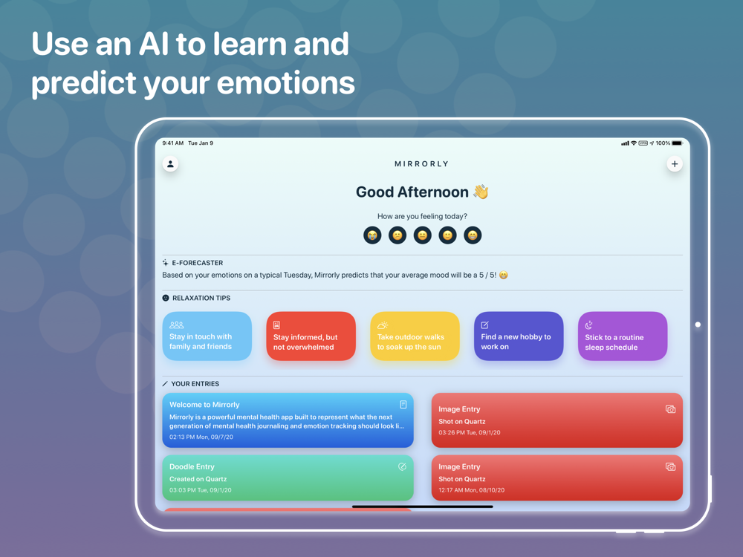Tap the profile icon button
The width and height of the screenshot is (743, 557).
[x=171, y=164]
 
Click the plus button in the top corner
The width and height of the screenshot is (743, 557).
[x=675, y=164]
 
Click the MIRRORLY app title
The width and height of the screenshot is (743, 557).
[x=422, y=164]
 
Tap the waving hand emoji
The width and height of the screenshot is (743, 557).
[x=481, y=192]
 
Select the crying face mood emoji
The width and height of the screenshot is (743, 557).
[x=372, y=235]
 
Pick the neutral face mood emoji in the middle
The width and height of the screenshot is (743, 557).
[x=423, y=235]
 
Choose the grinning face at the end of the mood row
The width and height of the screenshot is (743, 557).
[x=473, y=235]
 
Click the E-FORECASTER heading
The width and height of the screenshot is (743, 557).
[x=197, y=263]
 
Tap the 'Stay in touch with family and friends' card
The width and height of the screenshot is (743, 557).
[x=207, y=336]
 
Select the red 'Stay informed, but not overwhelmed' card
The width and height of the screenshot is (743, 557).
[x=311, y=336]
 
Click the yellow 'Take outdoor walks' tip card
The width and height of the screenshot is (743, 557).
[x=415, y=336]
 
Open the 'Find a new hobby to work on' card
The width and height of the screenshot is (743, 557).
[x=519, y=336]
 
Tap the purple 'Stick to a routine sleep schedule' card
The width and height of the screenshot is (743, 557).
[x=623, y=336]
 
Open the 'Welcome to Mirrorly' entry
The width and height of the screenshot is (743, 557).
[x=288, y=420]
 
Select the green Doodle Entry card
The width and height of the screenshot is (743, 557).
[x=288, y=478]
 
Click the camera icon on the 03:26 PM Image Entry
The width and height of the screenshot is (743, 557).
[x=670, y=409]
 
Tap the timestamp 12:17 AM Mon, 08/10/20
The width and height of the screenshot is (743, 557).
[x=472, y=490]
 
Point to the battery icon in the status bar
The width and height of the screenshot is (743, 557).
[x=678, y=143]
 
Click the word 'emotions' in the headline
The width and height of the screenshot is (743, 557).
[x=286, y=83]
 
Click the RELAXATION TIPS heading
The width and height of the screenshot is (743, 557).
[x=201, y=298]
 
